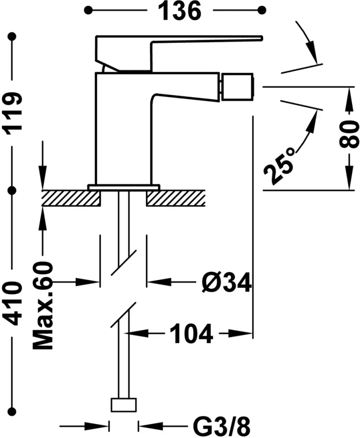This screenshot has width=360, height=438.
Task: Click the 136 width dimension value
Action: [x=180, y=11]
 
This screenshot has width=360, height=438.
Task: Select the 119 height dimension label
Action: [x=12, y=113]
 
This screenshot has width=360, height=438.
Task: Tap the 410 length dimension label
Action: [x=12, y=304]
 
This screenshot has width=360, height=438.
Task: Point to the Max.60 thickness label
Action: [x=42, y=305]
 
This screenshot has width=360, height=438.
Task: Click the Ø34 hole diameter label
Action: [x=227, y=283]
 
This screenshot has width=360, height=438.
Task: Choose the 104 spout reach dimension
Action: [x=191, y=333]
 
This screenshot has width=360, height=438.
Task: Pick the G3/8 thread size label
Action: [x=222, y=426]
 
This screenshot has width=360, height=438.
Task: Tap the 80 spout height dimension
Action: [x=349, y=134]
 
